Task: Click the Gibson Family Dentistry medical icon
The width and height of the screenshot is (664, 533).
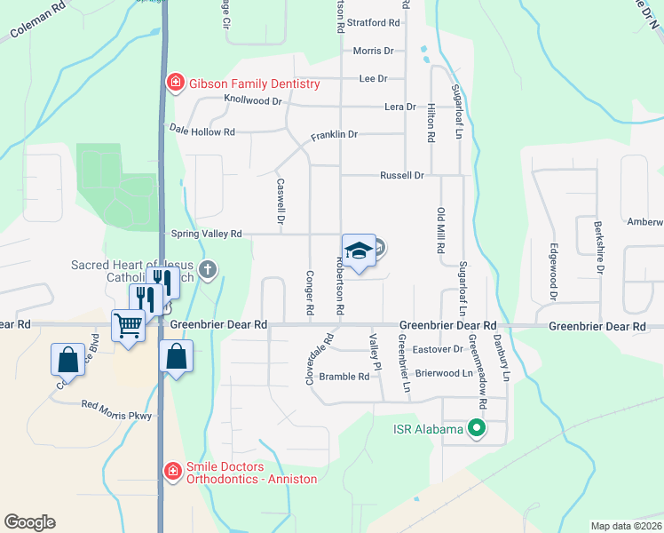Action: pos(176,84)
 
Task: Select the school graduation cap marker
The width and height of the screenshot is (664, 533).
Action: pos(359,251)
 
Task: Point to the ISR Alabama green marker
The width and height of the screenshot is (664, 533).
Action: pos(477,430)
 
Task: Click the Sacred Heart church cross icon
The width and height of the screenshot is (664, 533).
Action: pos(208,269)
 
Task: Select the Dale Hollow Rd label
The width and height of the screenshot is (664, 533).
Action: pos(202,131)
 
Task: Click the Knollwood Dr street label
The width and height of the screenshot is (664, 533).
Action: pos(253,100)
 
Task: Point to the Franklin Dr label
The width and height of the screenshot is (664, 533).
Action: pos(334,135)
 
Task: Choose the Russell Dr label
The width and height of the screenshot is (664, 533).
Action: pos(402,175)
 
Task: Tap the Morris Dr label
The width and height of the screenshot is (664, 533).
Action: pos(372,52)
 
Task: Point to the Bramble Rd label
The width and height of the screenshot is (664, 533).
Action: pos(344,377)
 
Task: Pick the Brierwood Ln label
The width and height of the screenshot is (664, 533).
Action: pos(444,374)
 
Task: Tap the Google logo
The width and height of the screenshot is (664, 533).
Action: pos(29,521)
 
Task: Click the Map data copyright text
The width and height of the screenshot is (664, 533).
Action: pos(627,526)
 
